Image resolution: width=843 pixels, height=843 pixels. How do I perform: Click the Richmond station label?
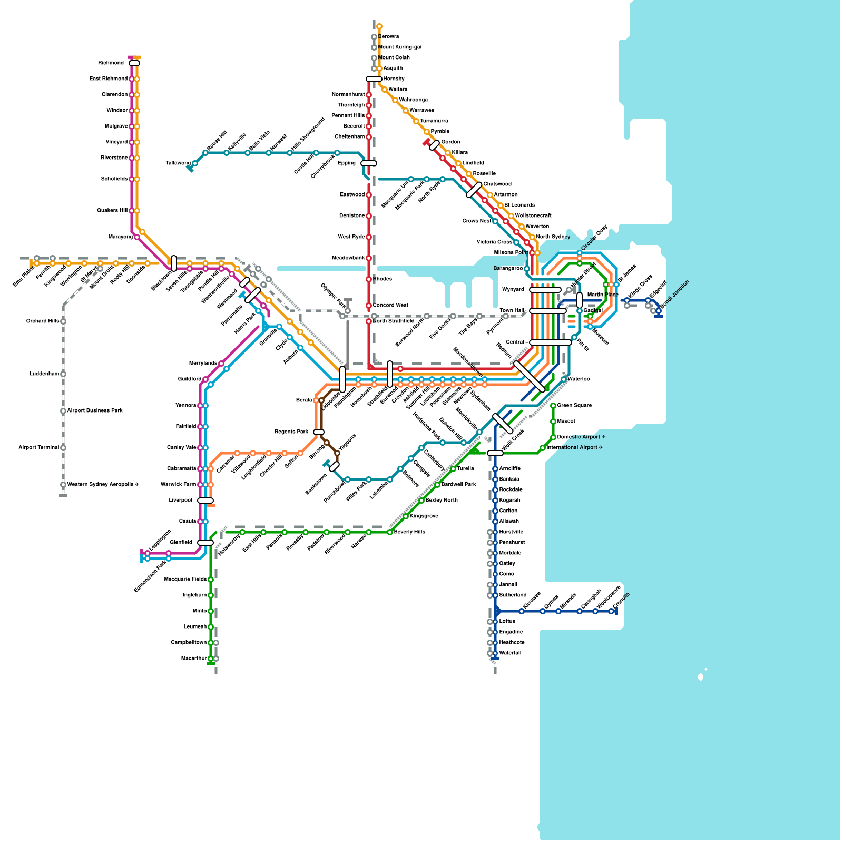coord(111,63)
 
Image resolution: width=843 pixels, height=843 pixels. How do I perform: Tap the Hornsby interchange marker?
coord(374,79)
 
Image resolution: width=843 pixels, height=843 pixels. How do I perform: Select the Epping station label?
coord(347,163)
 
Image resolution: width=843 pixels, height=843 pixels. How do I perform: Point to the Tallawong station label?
coord(178,163)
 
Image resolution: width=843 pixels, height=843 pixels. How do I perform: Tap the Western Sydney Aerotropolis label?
coord(103,485)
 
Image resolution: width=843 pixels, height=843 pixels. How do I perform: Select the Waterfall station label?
coord(510,653)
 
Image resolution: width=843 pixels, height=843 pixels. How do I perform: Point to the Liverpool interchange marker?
coord(205,501)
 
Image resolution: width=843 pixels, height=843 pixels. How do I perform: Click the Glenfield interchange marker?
coord(205,543)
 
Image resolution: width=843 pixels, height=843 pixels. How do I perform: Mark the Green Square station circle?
coord(553,406)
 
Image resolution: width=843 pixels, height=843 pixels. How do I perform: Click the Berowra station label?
coord(389,37)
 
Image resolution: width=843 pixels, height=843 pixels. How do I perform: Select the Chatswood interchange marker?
coord(474,190)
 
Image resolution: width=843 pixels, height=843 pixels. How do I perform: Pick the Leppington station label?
coord(161,540)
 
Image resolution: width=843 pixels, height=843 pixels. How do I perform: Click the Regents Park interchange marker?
coord(319,432)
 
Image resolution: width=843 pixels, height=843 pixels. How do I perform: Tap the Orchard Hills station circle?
coord(63,321)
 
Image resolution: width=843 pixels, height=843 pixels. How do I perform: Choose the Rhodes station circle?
coord(369,279)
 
